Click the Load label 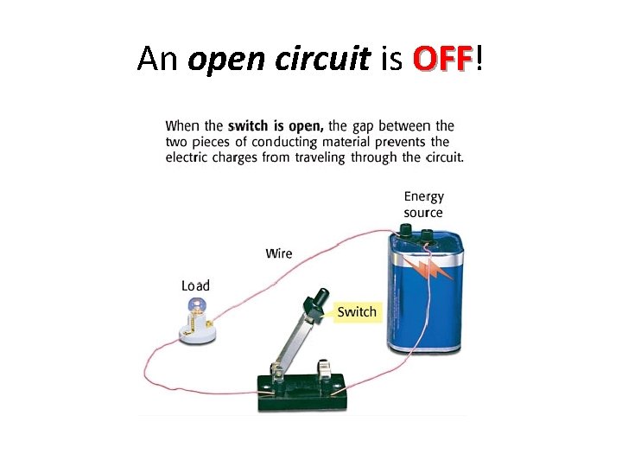point(195,285)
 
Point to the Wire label point(279,253)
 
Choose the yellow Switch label point(357,312)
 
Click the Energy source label point(423,204)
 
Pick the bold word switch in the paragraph point(248,127)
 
